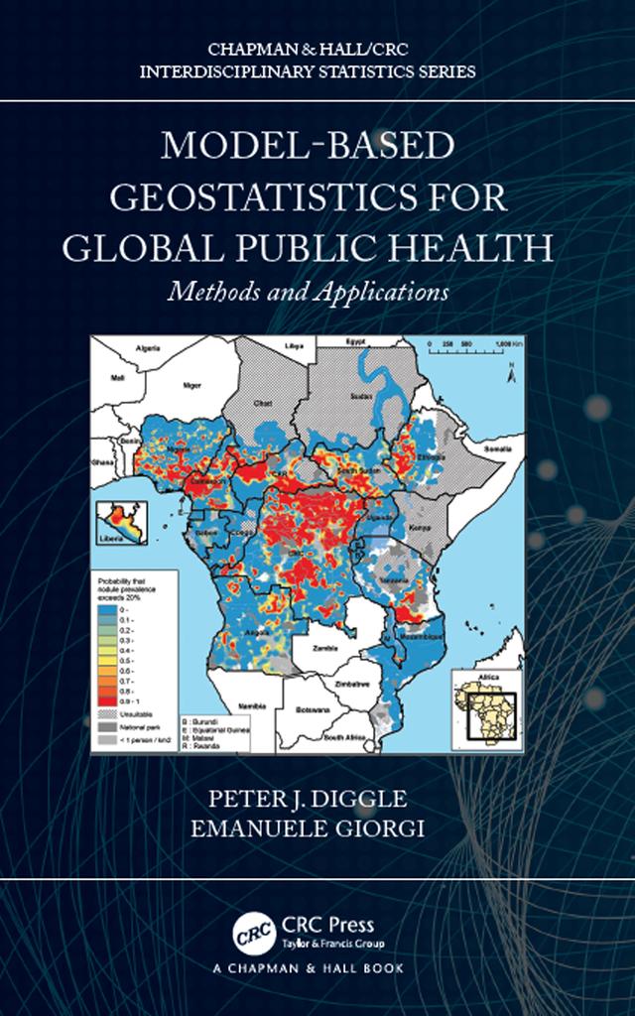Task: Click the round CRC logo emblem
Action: click(x=253, y=933)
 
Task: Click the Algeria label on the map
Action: click(x=148, y=348)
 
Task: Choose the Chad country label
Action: click(x=263, y=404)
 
